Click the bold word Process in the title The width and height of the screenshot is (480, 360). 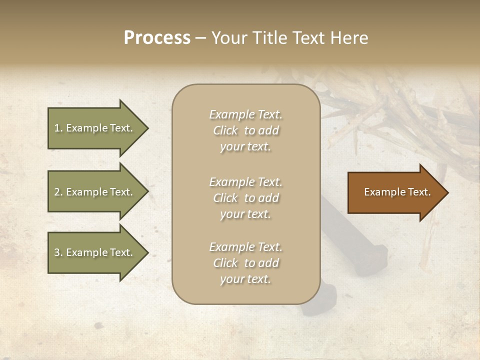tap(157, 38)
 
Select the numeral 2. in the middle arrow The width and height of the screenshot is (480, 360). tap(58, 192)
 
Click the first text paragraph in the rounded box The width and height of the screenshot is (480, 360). tap(245, 130)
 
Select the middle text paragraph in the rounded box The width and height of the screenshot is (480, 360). tap(245, 198)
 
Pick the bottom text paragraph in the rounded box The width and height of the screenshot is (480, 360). tap(245, 263)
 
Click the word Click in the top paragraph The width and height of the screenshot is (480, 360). tap(225, 130)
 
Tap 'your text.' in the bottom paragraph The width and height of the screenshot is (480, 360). tap(245, 279)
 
